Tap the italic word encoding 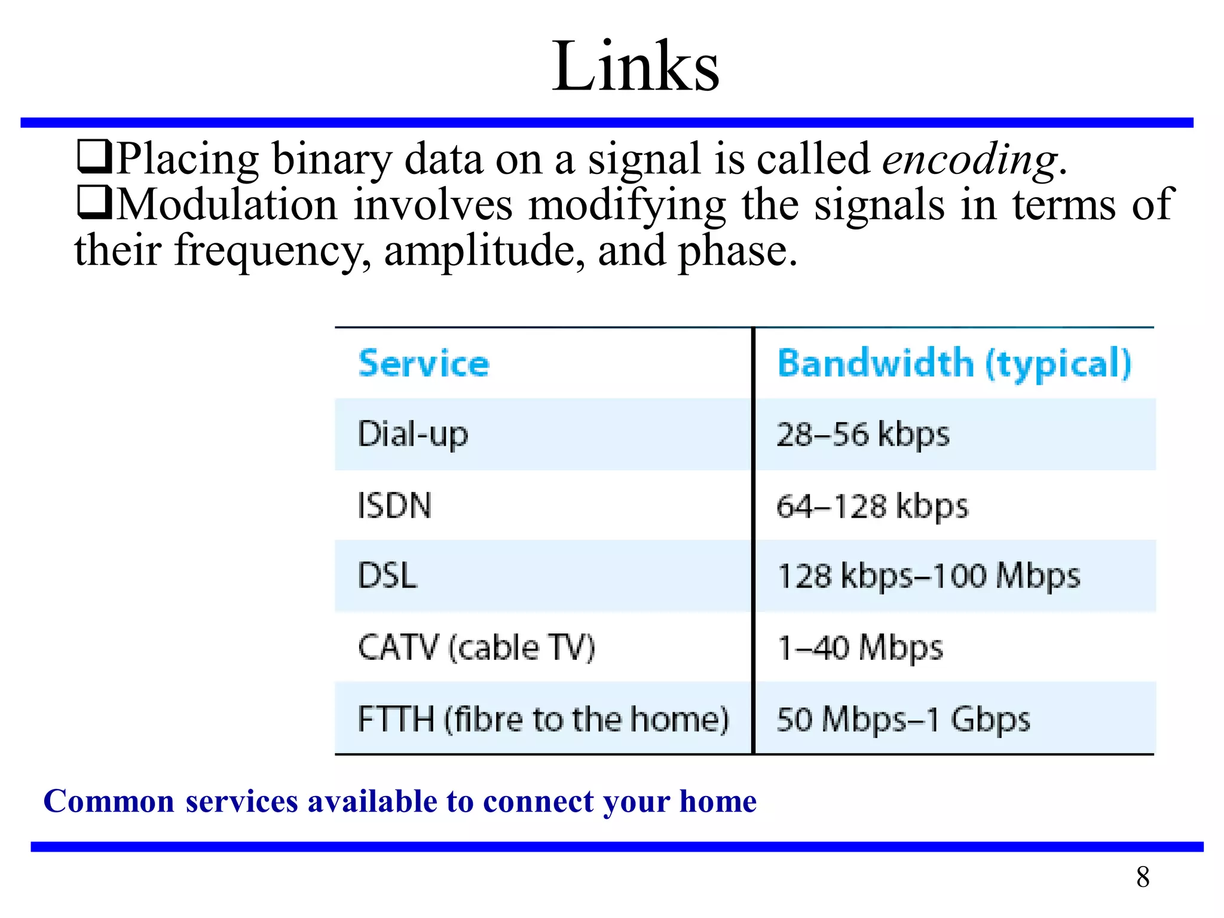[x=969, y=160]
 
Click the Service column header [x=424, y=363]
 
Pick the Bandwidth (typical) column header [x=954, y=363]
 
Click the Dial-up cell [x=413, y=434]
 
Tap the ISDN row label [x=394, y=506]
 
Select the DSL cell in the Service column [x=387, y=576]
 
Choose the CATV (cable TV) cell [x=476, y=647]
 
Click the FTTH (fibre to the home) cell [x=543, y=718]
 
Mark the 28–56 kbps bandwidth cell [x=862, y=434]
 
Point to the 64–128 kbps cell [x=872, y=506]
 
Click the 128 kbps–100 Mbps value [x=929, y=576]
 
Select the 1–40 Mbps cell [x=860, y=647]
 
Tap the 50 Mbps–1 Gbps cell [x=903, y=718]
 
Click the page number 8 [x=1143, y=877]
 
